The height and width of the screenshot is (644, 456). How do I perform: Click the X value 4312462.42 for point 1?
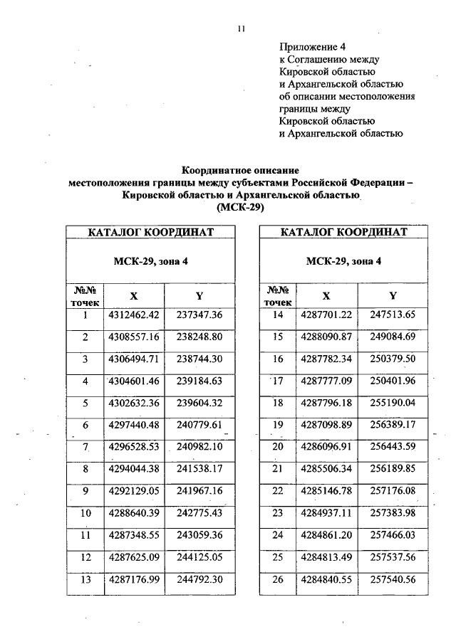click(134, 315)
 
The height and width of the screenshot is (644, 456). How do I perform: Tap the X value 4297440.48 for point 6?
click(134, 425)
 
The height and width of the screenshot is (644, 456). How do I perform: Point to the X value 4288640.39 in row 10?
click(134, 514)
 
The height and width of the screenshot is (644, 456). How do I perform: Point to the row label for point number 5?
click(85, 403)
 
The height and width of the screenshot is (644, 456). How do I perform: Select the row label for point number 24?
click(279, 535)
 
